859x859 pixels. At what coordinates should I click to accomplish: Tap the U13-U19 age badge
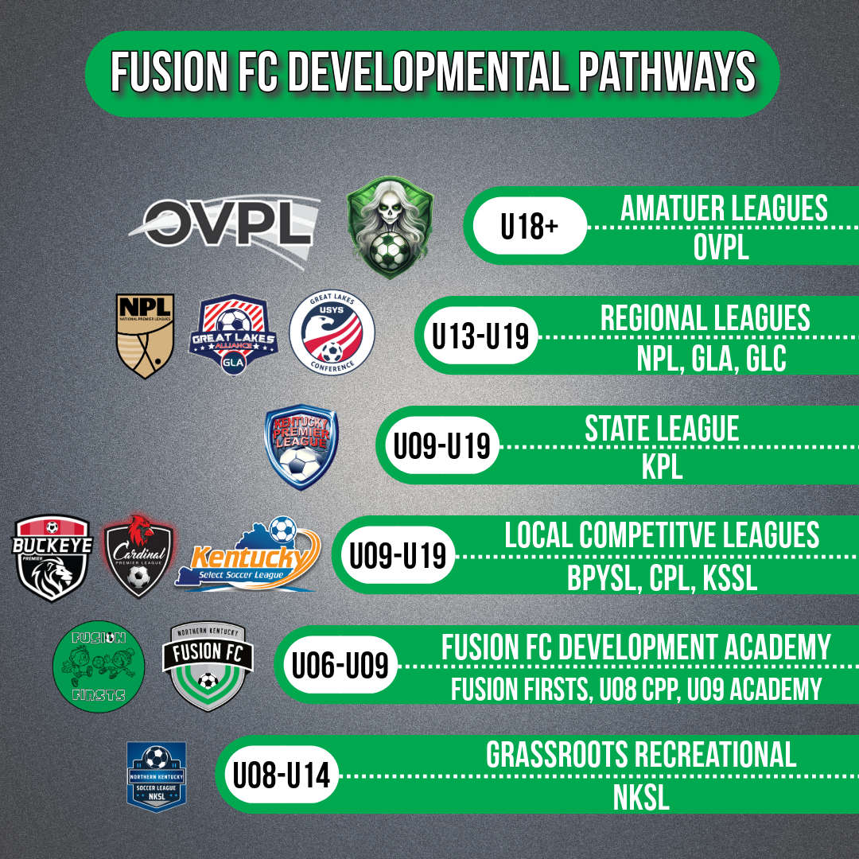tap(480, 336)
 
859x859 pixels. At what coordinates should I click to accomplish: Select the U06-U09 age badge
tap(340, 666)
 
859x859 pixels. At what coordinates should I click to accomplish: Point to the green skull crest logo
tap(391, 227)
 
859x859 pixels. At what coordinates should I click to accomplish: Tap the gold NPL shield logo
tap(145, 335)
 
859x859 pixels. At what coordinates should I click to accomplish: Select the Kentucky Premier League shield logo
tap(301, 448)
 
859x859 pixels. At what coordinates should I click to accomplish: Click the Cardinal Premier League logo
tap(139, 555)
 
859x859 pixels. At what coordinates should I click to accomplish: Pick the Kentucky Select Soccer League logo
tap(248, 556)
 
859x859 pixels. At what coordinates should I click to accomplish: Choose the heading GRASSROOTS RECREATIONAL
tap(641, 754)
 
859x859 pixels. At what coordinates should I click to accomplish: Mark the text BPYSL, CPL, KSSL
tap(662, 577)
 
